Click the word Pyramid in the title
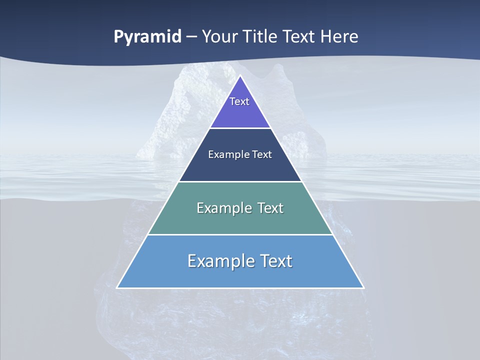coord(147,37)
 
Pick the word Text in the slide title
coord(299,36)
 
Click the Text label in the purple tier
coord(239,101)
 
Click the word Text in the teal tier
coord(270,208)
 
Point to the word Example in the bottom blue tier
coord(220,261)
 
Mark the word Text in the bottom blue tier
coord(276,261)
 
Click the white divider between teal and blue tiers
coord(240,234)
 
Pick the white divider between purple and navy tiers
coord(240,128)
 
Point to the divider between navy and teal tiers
coord(240,181)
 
